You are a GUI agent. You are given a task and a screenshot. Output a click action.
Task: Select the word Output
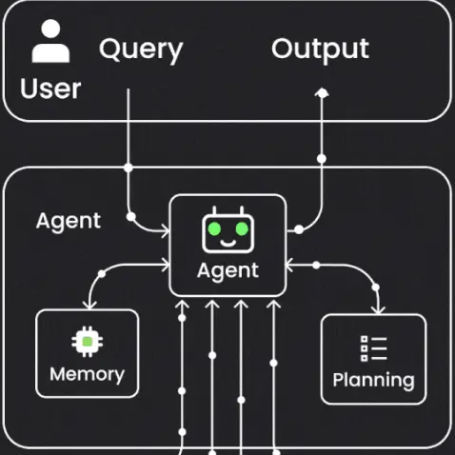(x=320, y=49)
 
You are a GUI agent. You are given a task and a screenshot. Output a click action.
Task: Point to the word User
(x=50, y=89)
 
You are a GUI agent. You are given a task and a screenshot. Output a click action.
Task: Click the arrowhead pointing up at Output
(x=322, y=91)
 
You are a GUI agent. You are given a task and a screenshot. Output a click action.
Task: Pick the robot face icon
(x=228, y=230)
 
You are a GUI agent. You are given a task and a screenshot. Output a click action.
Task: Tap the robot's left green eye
(x=216, y=229)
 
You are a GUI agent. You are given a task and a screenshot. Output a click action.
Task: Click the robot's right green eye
(x=241, y=229)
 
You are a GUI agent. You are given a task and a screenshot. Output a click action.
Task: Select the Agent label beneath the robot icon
(x=227, y=270)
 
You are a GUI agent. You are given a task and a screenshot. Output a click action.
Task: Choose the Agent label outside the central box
(x=69, y=221)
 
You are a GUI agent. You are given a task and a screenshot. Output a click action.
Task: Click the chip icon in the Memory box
(x=87, y=341)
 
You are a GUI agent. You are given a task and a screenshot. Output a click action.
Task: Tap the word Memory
(x=87, y=373)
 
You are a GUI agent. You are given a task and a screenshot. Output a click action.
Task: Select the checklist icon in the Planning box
(x=372, y=348)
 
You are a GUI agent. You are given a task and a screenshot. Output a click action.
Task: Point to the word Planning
(x=373, y=381)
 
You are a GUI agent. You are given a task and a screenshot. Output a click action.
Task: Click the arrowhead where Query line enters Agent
(x=166, y=229)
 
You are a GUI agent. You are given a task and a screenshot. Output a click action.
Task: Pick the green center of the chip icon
(x=87, y=341)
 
